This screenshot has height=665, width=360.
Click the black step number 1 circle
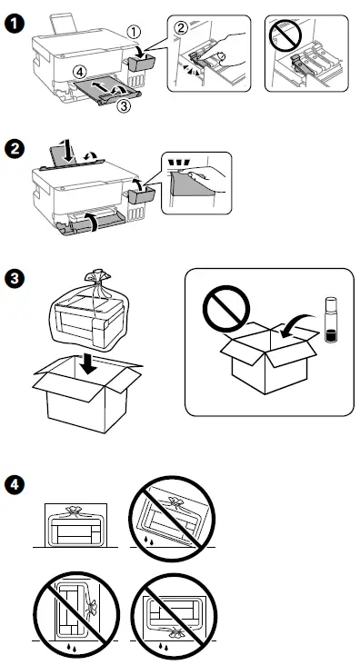pyautogui.click(x=14, y=24)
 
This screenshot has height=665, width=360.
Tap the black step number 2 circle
pyautogui.click(x=14, y=150)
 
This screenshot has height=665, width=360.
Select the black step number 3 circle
pyautogui.click(x=14, y=280)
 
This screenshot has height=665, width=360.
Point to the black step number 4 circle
pyautogui.click(x=14, y=485)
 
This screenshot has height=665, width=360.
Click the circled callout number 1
pyautogui.click(x=134, y=31)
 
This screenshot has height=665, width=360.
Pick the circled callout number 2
pyautogui.click(x=181, y=27)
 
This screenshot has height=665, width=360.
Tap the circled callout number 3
pyautogui.click(x=123, y=106)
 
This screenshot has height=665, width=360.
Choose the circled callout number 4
pyautogui.click(x=77, y=71)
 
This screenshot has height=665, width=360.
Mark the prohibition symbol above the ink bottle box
pyautogui.click(x=226, y=308)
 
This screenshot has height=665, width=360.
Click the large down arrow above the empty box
pyautogui.click(x=89, y=364)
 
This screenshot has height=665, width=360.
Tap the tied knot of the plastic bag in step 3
pyautogui.click(x=95, y=277)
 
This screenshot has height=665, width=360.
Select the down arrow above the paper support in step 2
pyautogui.click(x=65, y=151)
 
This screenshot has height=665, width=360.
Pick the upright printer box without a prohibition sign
pyautogui.click(x=75, y=525)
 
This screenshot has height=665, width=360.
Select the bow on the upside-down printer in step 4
pyautogui.click(x=175, y=631)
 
